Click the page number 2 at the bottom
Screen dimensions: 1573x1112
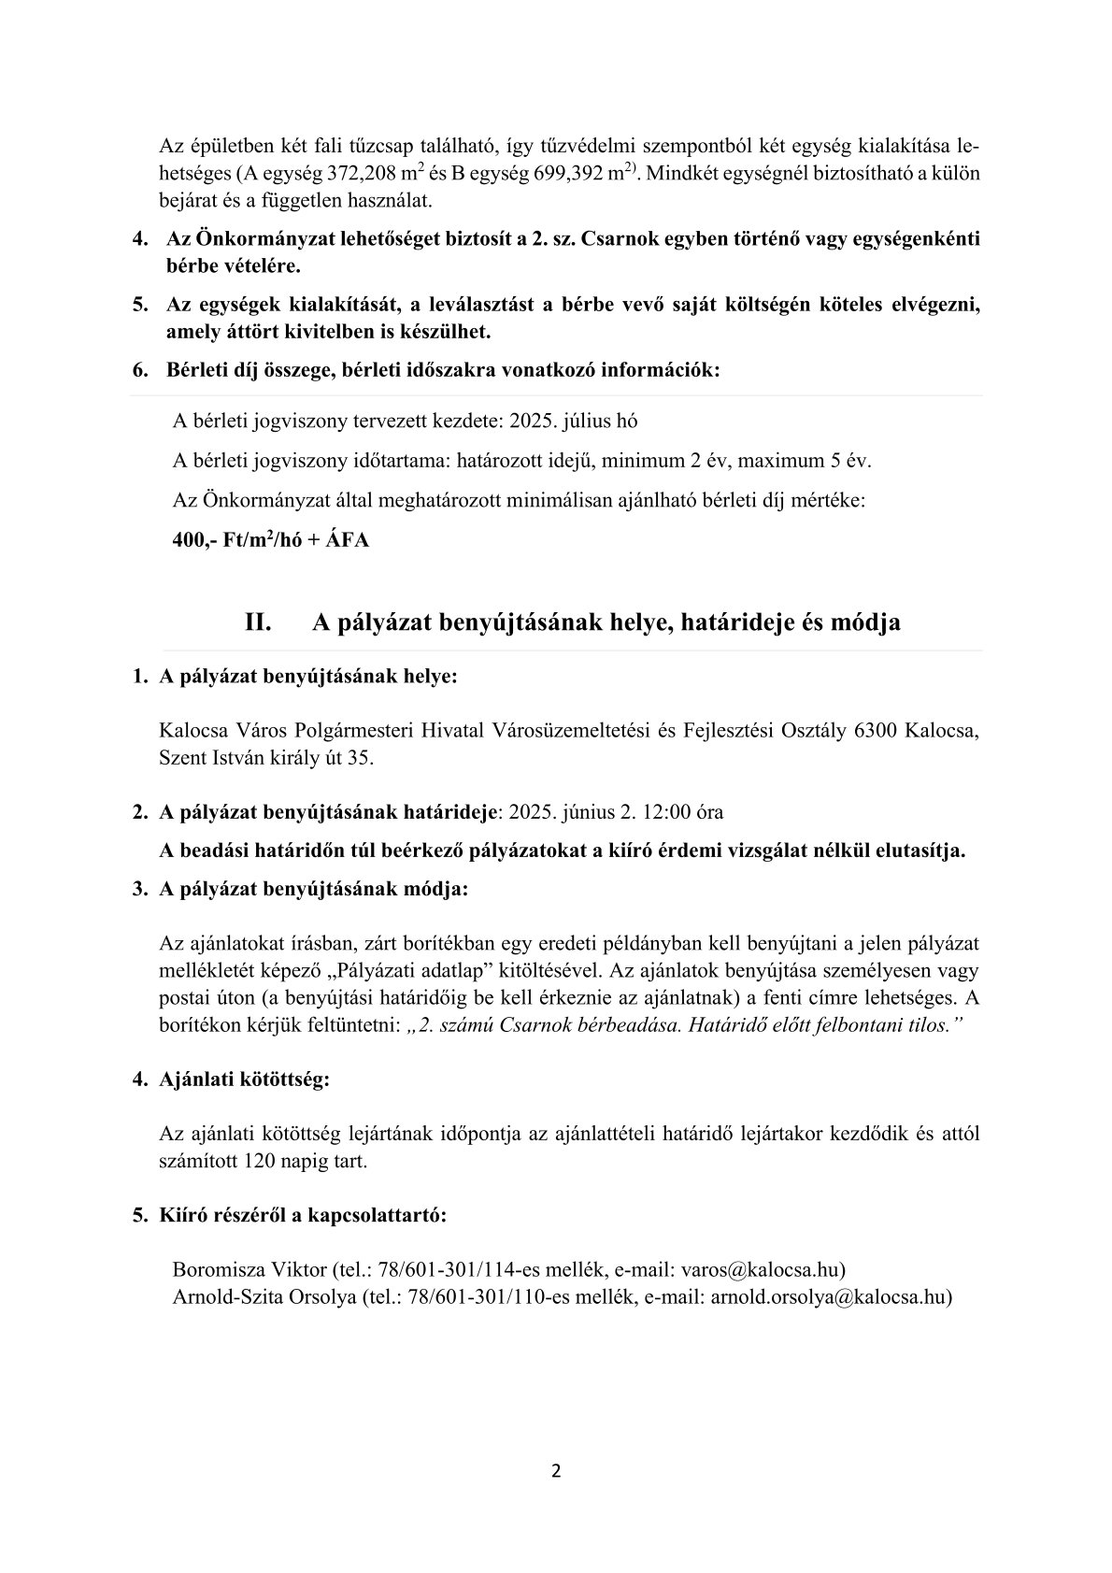point(556,1471)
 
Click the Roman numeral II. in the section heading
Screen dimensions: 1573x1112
point(258,622)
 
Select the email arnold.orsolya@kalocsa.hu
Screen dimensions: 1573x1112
point(829,1296)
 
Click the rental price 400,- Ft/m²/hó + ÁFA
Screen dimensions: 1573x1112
point(271,541)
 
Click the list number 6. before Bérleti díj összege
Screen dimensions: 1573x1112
point(141,369)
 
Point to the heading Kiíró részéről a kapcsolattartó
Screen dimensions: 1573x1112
point(303,1216)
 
